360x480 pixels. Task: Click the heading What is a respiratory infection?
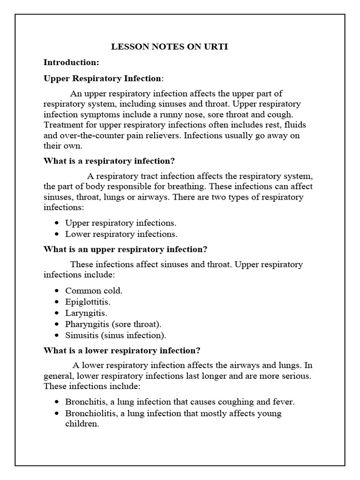[109, 161]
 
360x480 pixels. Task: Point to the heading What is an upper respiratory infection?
[125, 249]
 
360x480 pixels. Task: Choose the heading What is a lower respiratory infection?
[122, 350]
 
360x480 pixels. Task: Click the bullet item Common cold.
[94, 291]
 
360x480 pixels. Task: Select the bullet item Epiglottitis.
[88, 302]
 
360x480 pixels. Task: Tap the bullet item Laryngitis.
[86, 313]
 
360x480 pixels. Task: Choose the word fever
[284, 402]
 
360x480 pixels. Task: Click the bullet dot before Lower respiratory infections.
[57, 234]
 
